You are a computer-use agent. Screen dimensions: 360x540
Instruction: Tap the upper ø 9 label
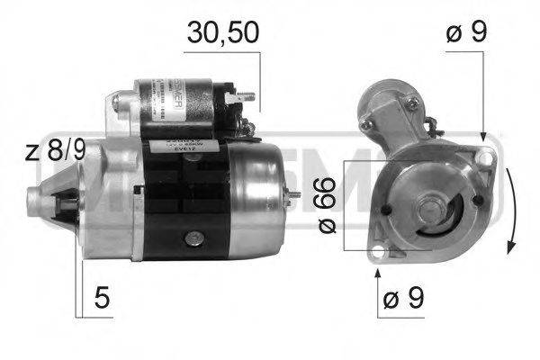point(466,33)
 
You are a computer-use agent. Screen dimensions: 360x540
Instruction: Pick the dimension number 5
point(104,298)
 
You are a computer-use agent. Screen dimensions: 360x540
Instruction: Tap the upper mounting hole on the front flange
point(486,158)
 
